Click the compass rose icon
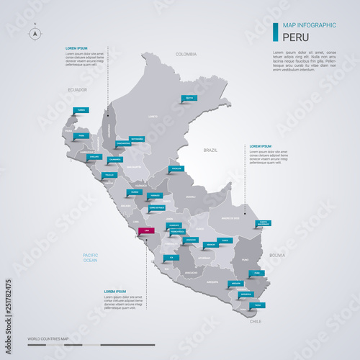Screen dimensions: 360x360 tap(35, 33)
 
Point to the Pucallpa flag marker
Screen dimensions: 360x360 tap(176, 169)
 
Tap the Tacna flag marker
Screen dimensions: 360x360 tap(257, 305)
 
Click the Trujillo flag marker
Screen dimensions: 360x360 tap(109, 174)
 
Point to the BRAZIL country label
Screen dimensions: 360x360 tap(210, 150)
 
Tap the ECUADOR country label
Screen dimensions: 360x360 tap(77, 90)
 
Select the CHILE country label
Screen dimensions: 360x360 tap(256, 322)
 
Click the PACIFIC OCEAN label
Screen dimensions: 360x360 tap(90, 257)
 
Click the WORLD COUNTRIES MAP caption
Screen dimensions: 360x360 tap(48, 338)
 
